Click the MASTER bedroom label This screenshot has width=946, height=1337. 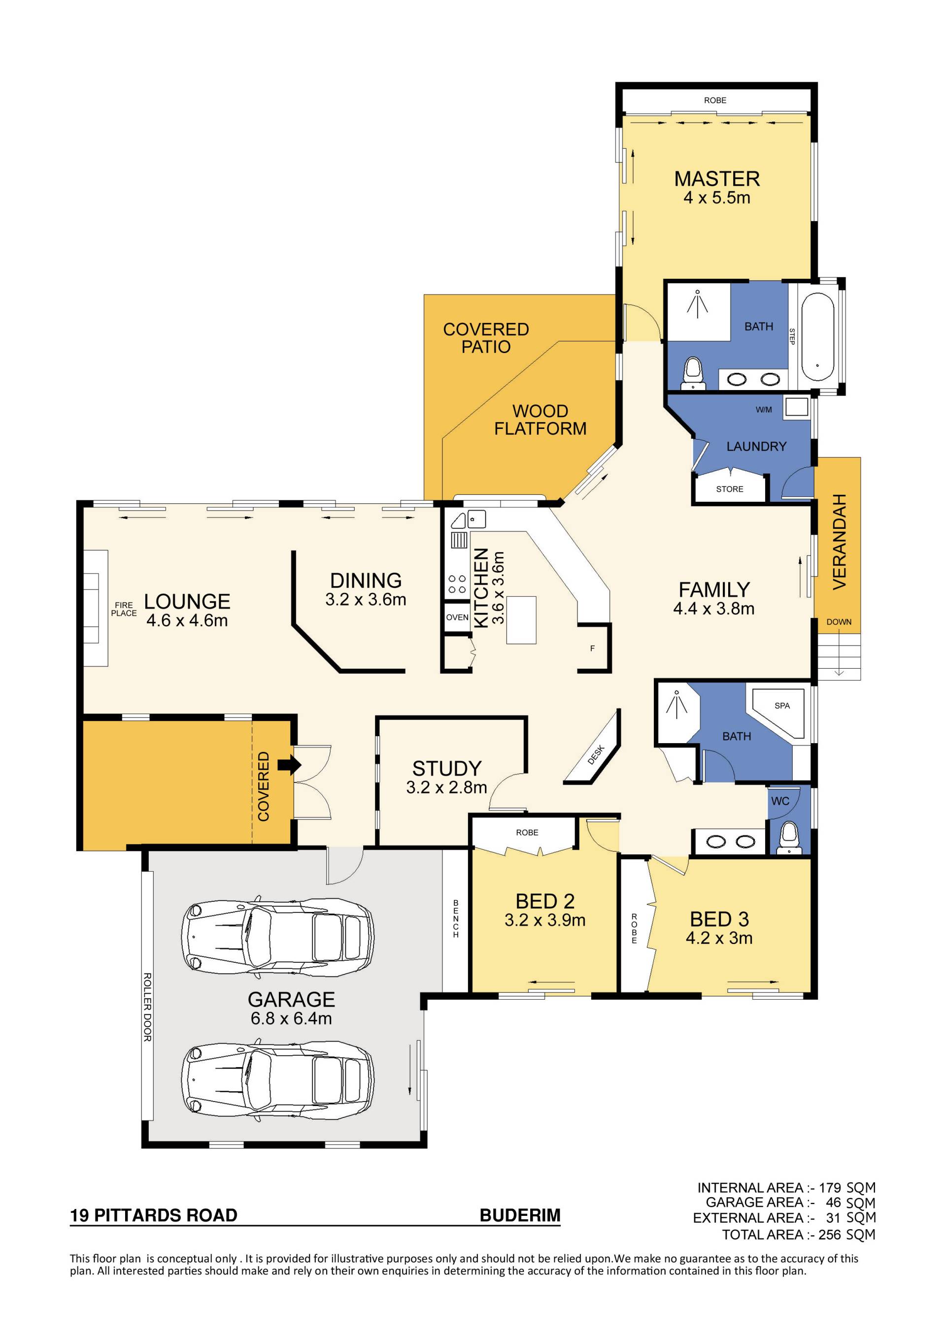(x=717, y=178)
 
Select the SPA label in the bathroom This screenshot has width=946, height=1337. (x=782, y=706)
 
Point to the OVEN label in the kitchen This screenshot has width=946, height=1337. (x=457, y=617)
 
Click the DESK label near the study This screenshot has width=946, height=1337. (x=596, y=755)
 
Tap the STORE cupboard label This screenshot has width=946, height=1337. (x=730, y=489)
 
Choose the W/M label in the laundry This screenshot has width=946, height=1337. (x=764, y=410)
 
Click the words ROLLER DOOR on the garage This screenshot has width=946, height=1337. (x=147, y=1008)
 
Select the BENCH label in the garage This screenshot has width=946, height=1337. (x=456, y=919)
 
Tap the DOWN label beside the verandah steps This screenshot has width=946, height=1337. (x=839, y=622)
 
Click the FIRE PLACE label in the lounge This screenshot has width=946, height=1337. (x=124, y=609)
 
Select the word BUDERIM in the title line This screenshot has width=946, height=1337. (x=520, y=1215)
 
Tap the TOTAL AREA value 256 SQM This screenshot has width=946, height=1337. (x=847, y=1235)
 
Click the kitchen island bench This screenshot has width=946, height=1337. (x=521, y=620)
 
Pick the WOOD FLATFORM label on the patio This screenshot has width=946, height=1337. (x=541, y=420)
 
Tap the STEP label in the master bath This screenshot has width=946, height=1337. (x=792, y=336)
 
